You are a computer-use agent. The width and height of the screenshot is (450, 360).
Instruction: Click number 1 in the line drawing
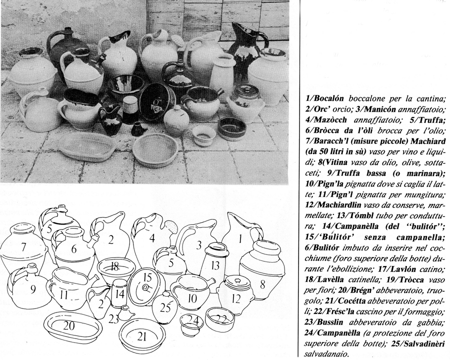click(240, 239)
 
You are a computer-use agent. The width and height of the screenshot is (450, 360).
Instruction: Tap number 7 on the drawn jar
click(23, 246)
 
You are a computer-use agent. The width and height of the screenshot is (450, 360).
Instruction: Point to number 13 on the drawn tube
click(215, 264)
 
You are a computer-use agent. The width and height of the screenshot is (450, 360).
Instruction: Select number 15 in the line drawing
click(146, 277)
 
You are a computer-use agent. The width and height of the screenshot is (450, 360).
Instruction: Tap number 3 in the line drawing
click(198, 245)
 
